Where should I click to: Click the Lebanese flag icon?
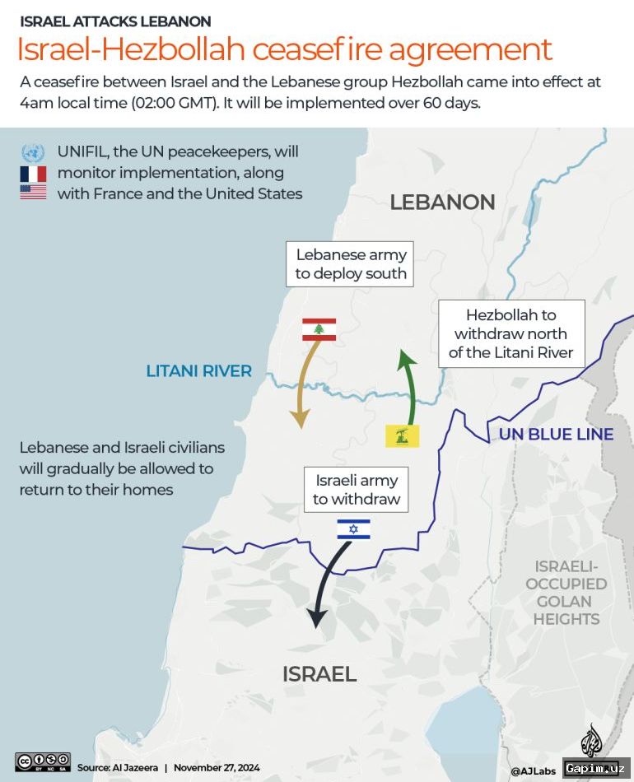(x=319, y=329)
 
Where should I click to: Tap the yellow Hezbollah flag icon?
(x=403, y=435)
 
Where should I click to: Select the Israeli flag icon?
(x=353, y=528)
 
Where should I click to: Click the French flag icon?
(x=33, y=174)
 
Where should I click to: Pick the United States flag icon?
(x=33, y=194)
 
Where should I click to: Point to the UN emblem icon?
(x=33, y=152)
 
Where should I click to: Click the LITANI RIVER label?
(x=198, y=371)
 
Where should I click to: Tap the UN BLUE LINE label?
(x=556, y=434)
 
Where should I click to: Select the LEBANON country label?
(x=442, y=202)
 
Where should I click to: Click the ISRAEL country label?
(x=319, y=674)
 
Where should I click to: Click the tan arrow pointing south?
(x=301, y=387)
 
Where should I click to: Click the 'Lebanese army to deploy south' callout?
(x=352, y=264)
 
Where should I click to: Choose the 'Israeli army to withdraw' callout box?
(x=357, y=489)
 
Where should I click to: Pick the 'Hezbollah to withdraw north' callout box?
(x=511, y=334)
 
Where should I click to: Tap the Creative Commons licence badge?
(x=42, y=761)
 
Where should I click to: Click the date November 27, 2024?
(x=217, y=767)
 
